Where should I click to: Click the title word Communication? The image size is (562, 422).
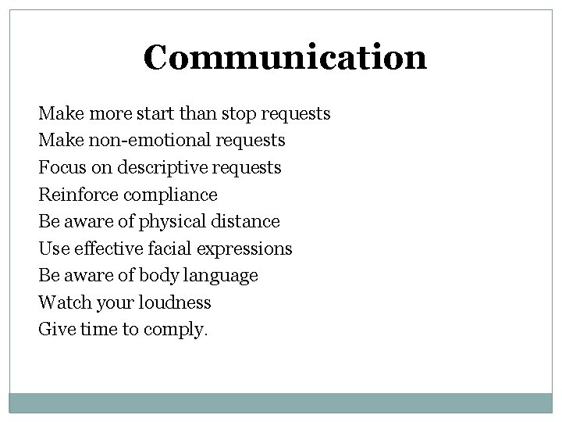tap(285, 57)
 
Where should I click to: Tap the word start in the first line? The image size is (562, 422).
tap(157, 114)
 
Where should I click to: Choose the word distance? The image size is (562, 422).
tap(243, 221)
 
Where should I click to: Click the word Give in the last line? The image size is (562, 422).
tap(54, 329)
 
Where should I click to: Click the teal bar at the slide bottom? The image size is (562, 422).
tap(281, 403)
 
